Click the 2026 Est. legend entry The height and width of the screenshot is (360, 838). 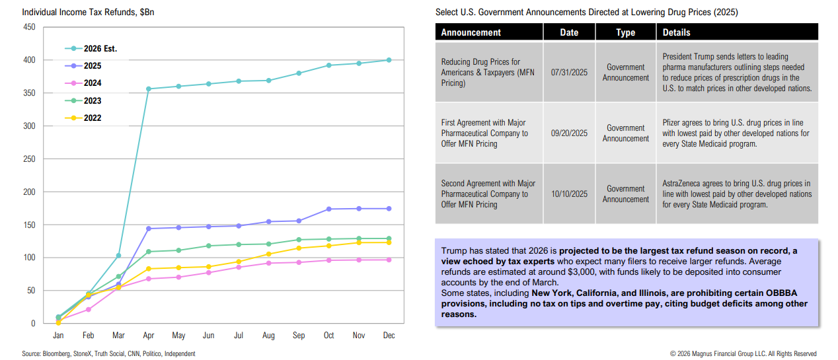click(x=91, y=49)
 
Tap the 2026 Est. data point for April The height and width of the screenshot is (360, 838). click(x=149, y=89)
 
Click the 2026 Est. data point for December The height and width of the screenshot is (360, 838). click(x=389, y=60)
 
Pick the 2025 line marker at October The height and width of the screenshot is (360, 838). click(x=328, y=209)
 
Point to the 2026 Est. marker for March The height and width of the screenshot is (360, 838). click(x=118, y=256)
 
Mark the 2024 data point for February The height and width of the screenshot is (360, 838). click(x=89, y=309)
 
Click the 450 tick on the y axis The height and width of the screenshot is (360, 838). click(x=29, y=27)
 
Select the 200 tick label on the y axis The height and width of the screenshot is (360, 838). click(x=29, y=192)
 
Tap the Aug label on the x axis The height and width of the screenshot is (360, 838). click(x=268, y=336)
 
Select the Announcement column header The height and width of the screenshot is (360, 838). click(x=471, y=32)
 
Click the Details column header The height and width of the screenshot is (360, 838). click(x=676, y=32)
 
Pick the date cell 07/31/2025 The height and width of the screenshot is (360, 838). click(x=569, y=72)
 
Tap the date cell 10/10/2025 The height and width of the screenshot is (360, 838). click(x=569, y=194)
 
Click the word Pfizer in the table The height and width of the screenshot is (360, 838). click(x=673, y=123)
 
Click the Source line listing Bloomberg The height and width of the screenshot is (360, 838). click(x=108, y=354)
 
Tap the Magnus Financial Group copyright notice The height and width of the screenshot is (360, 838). click(x=743, y=354)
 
